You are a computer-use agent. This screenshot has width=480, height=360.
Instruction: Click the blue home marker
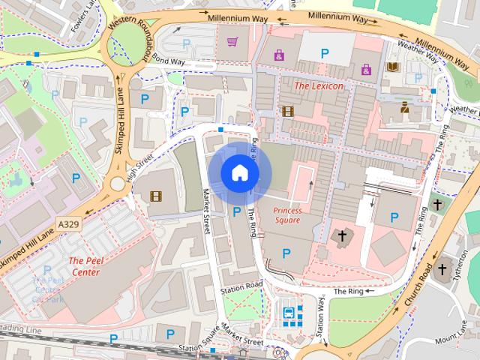[x=239, y=173]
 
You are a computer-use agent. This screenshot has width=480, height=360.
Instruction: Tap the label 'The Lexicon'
[x=318, y=86]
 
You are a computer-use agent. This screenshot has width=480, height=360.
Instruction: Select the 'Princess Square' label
[x=286, y=216]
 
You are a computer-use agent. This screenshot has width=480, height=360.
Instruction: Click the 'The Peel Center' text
[x=84, y=266]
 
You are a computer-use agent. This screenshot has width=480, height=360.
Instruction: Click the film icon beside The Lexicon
[x=286, y=111]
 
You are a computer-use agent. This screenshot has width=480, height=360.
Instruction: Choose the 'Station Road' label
[x=241, y=288]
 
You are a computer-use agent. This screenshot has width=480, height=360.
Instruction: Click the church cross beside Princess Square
[x=342, y=237]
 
